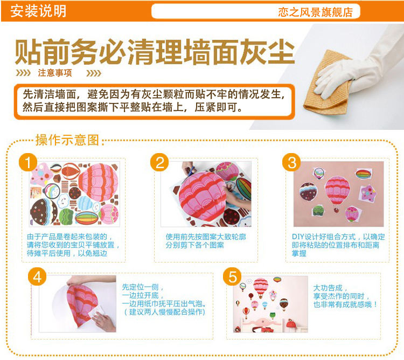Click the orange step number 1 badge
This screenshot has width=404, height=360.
[28, 162]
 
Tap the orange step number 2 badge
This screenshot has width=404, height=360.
[160, 162]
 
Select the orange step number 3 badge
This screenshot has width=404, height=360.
[291, 162]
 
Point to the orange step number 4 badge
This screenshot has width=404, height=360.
[37, 277]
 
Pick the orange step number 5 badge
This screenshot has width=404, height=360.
[232, 277]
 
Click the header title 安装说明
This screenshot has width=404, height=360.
[38, 11]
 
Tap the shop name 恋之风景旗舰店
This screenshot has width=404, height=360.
[315, 12]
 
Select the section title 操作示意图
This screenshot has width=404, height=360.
[67, 140]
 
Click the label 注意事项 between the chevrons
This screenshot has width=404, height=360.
[55, 73]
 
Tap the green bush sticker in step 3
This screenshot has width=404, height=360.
[319, 211]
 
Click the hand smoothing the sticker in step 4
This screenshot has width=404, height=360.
[103, 320]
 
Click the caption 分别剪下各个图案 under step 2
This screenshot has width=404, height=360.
[195, 245]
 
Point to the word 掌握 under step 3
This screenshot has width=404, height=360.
[299, 253]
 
